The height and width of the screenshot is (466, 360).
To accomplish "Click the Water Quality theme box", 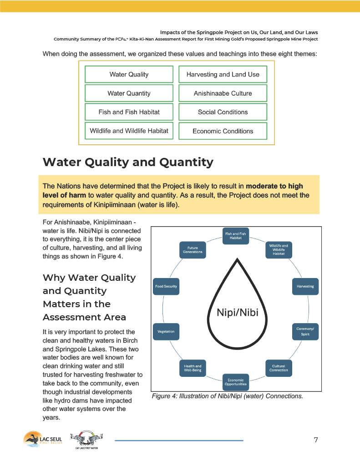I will pos(129,74).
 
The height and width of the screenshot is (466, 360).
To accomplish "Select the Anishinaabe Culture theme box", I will pos(223,93).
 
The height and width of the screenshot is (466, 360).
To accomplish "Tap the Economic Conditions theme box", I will pos(223,131).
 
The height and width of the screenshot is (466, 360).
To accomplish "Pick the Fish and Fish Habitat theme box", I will pos(129,112).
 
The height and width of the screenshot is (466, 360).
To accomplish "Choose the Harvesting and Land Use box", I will pos(223,74).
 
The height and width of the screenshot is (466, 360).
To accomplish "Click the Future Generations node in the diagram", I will pos(193,250).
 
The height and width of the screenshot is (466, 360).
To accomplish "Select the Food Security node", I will pos(166,286).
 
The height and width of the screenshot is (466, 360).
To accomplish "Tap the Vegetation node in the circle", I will pos(166,331).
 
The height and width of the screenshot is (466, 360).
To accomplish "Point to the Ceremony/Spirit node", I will pos(305,331).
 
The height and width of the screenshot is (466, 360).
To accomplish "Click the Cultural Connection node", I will pos(279,368).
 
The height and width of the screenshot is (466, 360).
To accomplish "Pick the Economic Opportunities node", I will pos(236,382).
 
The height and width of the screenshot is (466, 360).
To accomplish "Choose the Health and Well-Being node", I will pos(193,368).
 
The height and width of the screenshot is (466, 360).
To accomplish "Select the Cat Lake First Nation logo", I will pos(86,441).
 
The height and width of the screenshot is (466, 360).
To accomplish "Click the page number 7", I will pos(315,440).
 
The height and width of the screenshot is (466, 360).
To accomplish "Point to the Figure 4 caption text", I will pos(227,396).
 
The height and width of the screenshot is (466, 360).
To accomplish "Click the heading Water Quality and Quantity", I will pos(128,162).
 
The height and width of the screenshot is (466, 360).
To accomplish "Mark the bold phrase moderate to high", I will pos(274,186).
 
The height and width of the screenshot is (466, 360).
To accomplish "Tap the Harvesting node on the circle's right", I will pos(305,286).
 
